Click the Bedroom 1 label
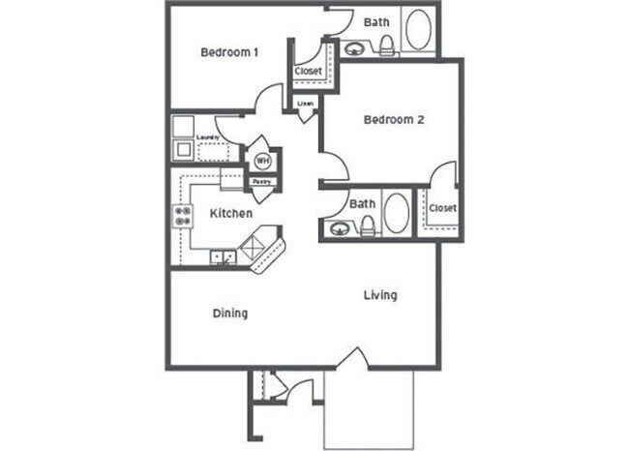(228, 52)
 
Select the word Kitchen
(231, 213)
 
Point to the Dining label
(229, 313)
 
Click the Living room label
(380, 294)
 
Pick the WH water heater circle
(262, 161)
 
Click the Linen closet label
(306, 102)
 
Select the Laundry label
(206, 137)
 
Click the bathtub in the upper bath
(419, 30)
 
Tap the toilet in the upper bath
(385, 45)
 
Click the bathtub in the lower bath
(396, 213)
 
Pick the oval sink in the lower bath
(339, 229)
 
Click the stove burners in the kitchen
(180, 217)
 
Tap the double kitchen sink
(224, 258)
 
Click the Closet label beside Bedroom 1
(309, 71)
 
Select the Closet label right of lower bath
(442, 208)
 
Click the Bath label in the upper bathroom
(375, 21)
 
